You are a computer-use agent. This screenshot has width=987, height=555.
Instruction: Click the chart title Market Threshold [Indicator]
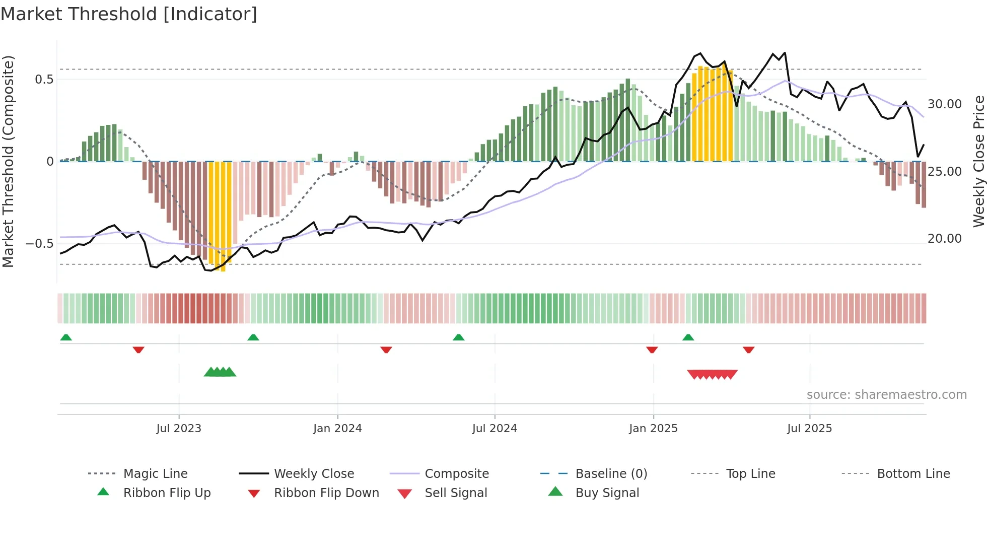pyautogui.click(x=129, y=14)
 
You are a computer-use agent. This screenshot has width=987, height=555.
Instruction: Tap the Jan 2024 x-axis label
pyautogui.click(x=337, y=429)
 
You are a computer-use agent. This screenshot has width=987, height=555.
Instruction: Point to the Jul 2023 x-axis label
pyautogui.click(x=179, y=429)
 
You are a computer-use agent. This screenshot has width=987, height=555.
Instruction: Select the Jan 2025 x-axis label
pyautogui.click(x=653, y=429)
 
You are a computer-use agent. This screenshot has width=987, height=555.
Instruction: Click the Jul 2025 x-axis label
pyautogui.click(x=809, y=429)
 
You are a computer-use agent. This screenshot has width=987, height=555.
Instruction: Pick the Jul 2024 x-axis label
pyautogui.click(x=495, y=429)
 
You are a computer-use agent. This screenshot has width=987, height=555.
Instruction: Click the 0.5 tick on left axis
pyautogui.click(x=44, y=80)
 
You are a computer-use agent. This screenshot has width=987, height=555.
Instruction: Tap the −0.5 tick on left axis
pyautogui.click(x=40, y=244)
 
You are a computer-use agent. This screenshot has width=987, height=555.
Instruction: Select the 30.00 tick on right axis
pyautogui.click(x=945, y=104)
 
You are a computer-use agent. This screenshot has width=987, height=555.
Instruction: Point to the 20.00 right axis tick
pyautogui.click(x=945, y=239)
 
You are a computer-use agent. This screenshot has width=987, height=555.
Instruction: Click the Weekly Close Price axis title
pyautogui.click(x=978, y=161)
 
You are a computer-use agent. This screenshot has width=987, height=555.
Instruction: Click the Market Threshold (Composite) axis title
pyautogui.click(x=8, y=161)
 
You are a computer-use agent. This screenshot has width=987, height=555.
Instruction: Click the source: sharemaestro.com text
pyautogui.click(x=886, y=395)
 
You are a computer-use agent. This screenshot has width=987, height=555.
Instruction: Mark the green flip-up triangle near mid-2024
pyautogui.click(x=458, y=337)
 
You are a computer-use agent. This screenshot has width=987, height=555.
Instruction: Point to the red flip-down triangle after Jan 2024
pyautogui.click(x=386, y=350)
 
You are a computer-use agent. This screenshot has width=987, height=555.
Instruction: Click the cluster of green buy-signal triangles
pyautogui.click(x=220, y=372)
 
